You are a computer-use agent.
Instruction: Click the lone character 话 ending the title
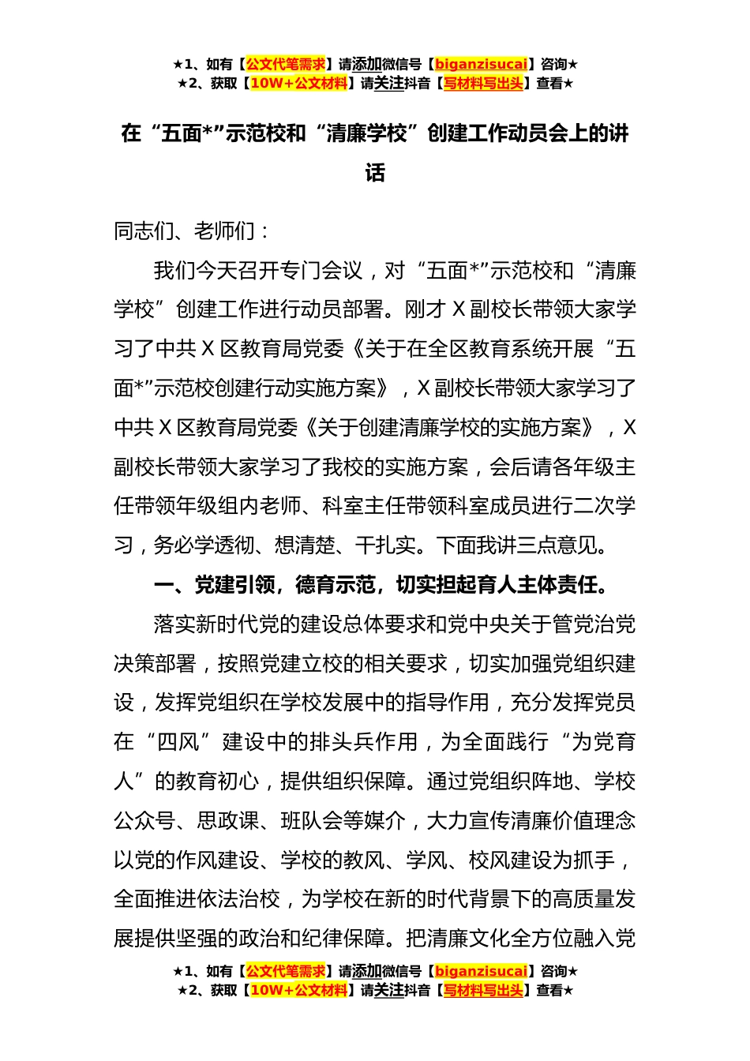pyautogui.click(x=375, y=173)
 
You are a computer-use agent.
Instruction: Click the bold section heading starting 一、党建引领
pyautogui.click(x=382, y=585)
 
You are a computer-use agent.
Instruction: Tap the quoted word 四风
pyautogui.click(x=178, y=742)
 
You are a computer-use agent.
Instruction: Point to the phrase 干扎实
pyautogui.click(x=386, y=545)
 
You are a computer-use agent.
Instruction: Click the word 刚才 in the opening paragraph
pyautogui.click(x=426, y=309)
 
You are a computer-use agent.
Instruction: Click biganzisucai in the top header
pyautogui.click(x=481, y=65)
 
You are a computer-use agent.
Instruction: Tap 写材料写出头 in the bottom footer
pyautogui.click(x=483, y=991)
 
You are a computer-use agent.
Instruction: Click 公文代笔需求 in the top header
pyautogui.click(x=286, y=65)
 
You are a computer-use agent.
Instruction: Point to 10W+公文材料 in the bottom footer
pyautogui.click(x=298, y=991)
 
